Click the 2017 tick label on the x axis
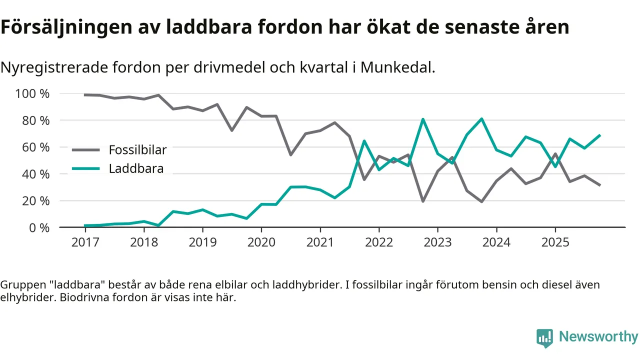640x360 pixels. tap(85, 242)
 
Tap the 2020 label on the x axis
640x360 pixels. tap(261, 242)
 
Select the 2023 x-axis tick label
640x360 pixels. tap(437, 242)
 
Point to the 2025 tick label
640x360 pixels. tap(555, 242)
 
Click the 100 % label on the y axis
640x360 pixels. tap(32, 94)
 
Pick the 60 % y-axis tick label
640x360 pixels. tap(35, 147)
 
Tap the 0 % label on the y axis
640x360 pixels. tap(38, 227)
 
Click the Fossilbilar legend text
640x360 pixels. tap(137, 150)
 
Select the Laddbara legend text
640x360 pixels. tap(136, 169)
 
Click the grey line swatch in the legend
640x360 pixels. tap(86, 150)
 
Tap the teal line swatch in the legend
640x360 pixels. tap(86, 169)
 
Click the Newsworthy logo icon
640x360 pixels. tap(544, 337)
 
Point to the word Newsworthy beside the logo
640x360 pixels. tap(598, 337)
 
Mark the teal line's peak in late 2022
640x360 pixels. tap(423, 119)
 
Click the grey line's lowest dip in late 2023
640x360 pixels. tap(481, 201)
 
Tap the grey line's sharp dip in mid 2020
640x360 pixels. tap(290, 155)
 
